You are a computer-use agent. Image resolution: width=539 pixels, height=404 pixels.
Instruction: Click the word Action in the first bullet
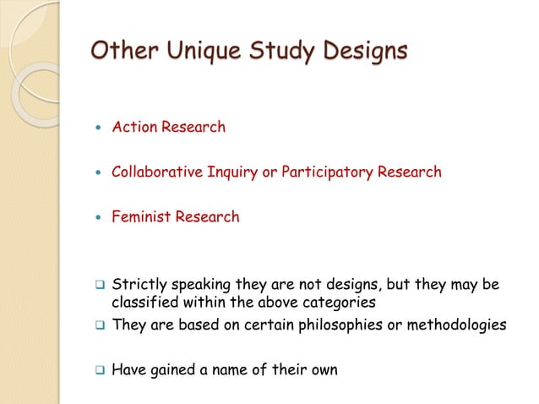tap(133, 128)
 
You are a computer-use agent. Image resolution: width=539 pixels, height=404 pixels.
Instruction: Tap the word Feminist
tap(141, 217)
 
